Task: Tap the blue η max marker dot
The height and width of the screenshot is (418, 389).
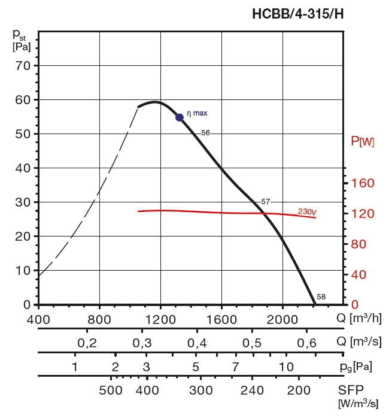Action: (180, 117)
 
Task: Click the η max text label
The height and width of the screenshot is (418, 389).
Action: (197, 113)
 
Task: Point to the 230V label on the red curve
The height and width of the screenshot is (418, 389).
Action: (307, 211)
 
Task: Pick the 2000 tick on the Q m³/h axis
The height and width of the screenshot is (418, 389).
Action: (282, 319)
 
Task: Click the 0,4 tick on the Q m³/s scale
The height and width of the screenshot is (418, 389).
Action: (197, 343)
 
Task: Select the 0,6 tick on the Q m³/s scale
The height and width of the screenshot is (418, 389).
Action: (307, 343)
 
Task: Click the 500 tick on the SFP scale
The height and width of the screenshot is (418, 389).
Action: (111, 391)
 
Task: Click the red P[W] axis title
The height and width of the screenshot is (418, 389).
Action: (363, 142)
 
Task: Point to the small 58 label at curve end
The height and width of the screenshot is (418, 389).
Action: (321, 297)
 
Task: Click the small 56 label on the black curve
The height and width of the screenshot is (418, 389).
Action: (206, 133)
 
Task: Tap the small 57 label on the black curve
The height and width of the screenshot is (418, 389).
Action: (266, 201)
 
